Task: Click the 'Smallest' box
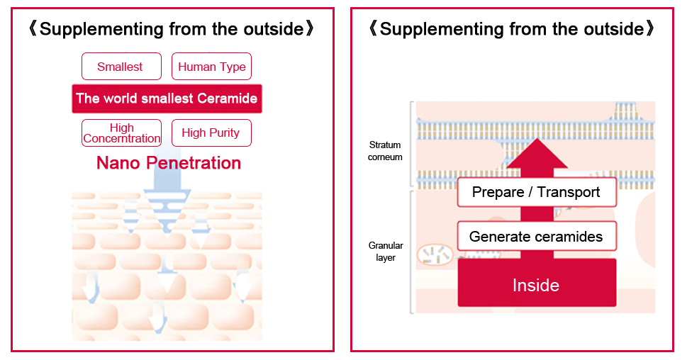coord(121,67)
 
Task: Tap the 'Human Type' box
coord(211,67)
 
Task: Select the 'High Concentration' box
coord(121,133)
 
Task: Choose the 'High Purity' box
coord(211,133)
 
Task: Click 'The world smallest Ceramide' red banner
coord(167,99)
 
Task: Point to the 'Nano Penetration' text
coord(169,163)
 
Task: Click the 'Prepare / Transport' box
coord(537,192)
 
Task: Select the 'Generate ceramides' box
coord(537,236)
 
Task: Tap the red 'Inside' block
coord(537,283)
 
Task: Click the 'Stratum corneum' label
coord(385,151)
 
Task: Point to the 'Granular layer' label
coord(386,252)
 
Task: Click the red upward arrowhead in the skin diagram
coord(537,153)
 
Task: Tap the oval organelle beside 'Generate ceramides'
coord(435,255)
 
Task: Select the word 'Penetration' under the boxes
coord(194,163)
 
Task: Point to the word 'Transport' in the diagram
coord(569,192)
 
